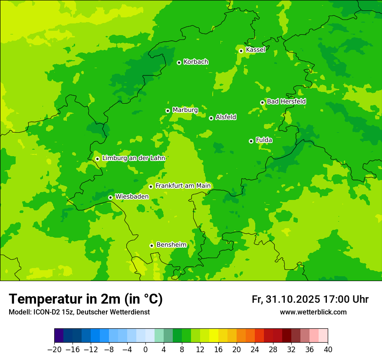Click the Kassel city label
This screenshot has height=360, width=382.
pyautogui.click(x=255, y=50)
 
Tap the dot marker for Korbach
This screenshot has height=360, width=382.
pyautogui.click(x=179, y=62)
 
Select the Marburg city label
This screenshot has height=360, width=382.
pyautogui.click(x=185, y=110)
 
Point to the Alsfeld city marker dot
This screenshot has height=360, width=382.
pyautogui.click(x=211, y=118)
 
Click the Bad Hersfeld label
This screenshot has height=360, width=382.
pyautogui.click(x=286, y=101)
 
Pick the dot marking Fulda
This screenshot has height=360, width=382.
pyautogui.click(x=251, y=141)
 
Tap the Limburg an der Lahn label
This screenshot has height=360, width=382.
pyautogui.click(x=134, y=158)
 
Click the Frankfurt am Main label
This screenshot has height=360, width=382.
pyautogui.click(x=183, y=186)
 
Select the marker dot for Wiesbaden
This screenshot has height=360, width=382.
pyautogui.click(x=110, y=197)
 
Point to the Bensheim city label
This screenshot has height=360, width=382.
pyautogui.click(x=171, y=245)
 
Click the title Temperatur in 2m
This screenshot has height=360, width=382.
pyautogui.click(x=86, y=299)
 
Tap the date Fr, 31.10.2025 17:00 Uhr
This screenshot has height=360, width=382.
pyautogui.click(x=310, y=299)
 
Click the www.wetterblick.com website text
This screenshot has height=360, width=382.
pyautogui.click(x=313, y=312)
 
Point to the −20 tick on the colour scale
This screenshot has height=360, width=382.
pyautogui.click(x=54, y=350)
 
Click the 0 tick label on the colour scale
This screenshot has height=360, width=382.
pyautogui.click(x=145, y=350)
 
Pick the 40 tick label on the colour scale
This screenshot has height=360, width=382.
pyautogui.click(x=328, y=350)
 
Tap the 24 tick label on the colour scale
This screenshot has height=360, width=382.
pyautogui.click(x=255, y=350)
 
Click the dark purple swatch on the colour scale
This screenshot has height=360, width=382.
pyautogui.click(x=59, y=336)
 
